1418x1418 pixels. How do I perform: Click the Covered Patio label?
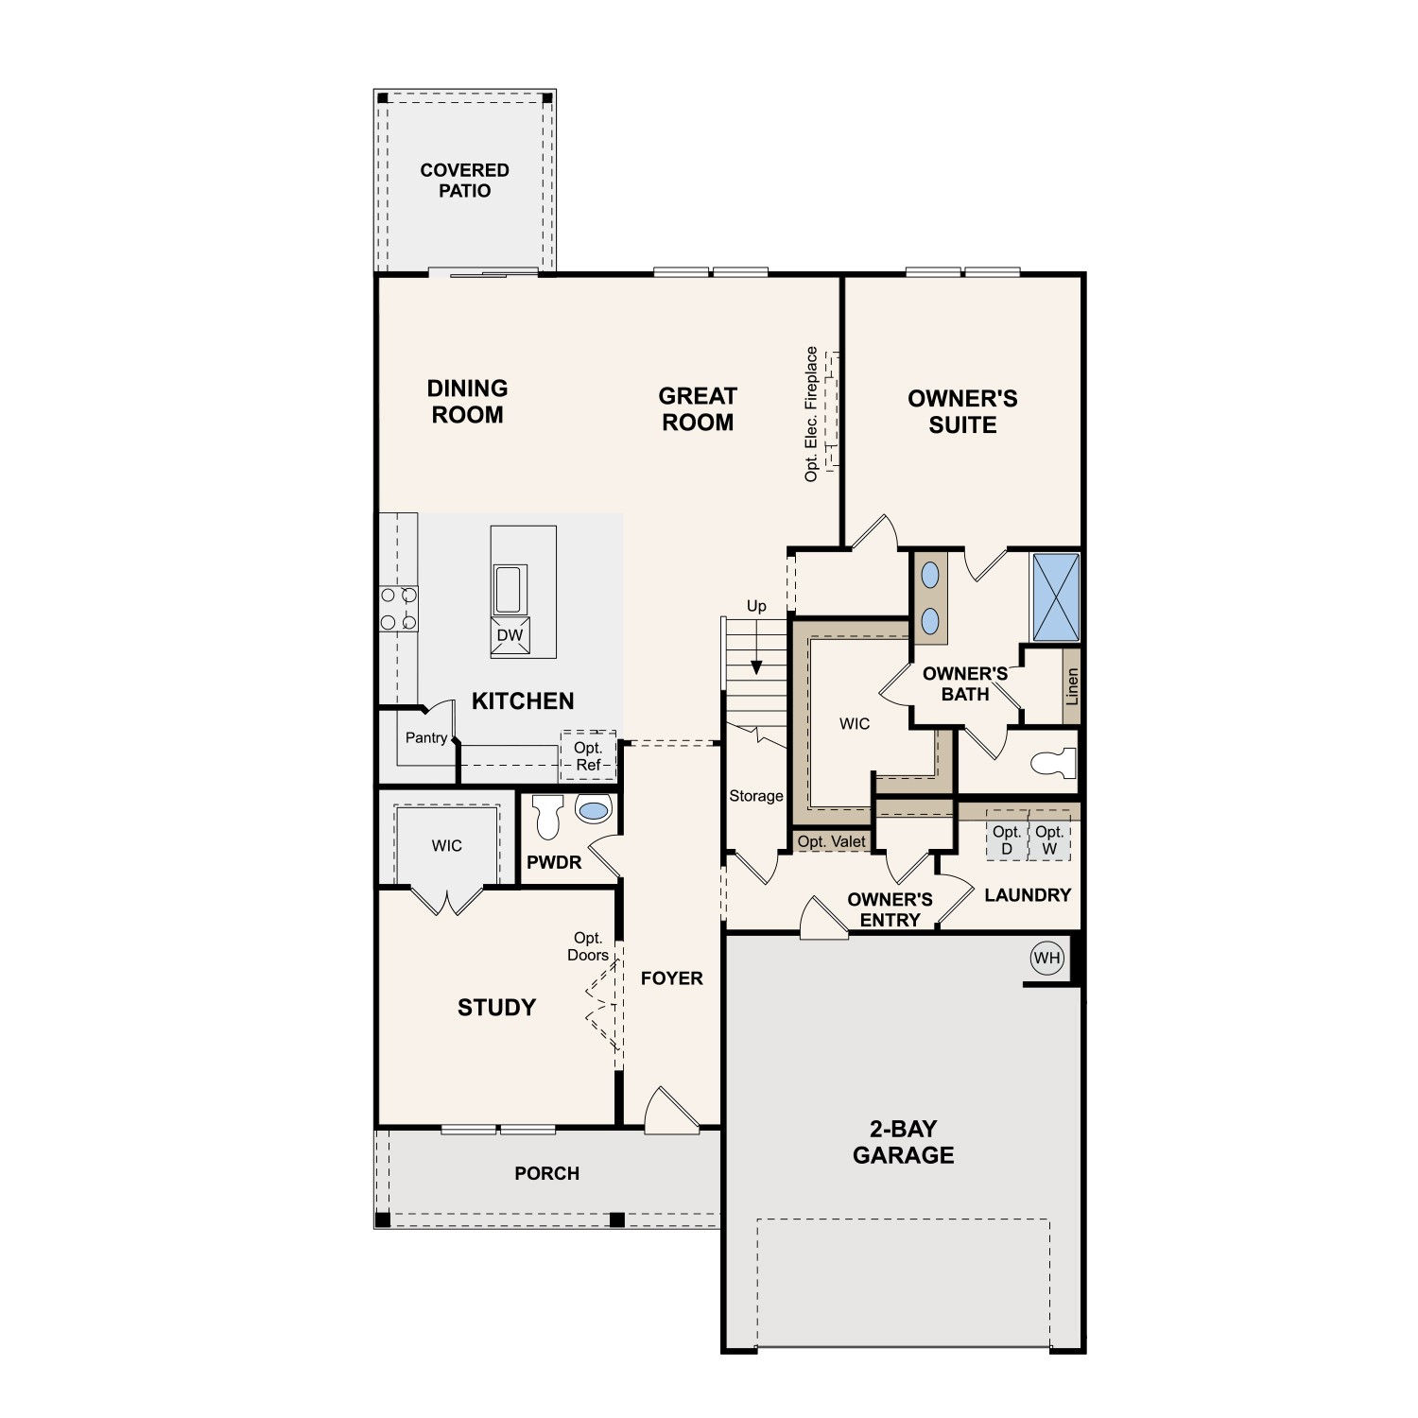point(464,181)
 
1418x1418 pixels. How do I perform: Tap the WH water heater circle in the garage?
point(1046,958)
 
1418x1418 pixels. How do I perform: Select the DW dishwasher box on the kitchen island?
point(510,635)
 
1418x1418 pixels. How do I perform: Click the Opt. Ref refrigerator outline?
point(588,756)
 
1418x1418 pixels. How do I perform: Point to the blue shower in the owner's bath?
point(1055,597)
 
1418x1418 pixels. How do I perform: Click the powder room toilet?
point(547,816)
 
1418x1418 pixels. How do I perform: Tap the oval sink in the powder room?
point(594,810)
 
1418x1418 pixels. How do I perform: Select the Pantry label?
point(425,737)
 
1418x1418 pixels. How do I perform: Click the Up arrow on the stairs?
point(756,666)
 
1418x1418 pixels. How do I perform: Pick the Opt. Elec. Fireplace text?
point(811,414)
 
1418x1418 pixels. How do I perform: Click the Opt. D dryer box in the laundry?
point(1007,840)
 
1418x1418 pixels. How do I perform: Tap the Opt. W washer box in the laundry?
point(1049,840)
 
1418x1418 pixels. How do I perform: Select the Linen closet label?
point(1071,686)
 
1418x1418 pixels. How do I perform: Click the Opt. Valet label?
point(831,841)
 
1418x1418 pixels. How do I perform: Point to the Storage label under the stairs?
point(755,796)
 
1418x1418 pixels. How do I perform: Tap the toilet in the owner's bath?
point(1054,762)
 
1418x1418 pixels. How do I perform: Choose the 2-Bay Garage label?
point(903,1142)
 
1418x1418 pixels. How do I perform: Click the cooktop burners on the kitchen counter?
point(398,609)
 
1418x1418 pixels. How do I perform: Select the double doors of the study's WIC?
point(447,901)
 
